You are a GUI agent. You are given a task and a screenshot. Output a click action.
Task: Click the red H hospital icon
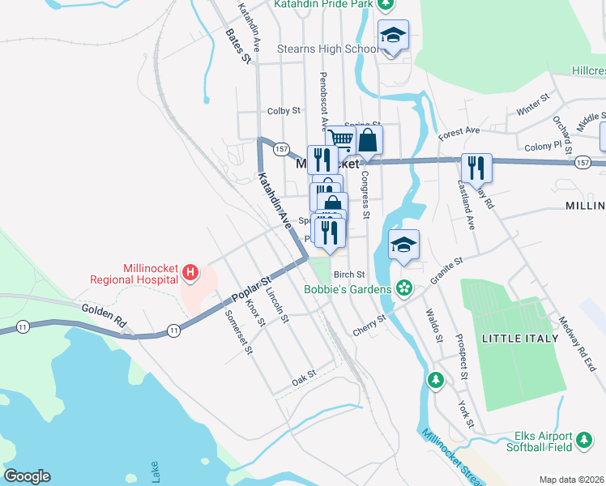click(x=190, y=272)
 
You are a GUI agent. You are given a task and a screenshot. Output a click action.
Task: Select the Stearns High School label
click(x=327, y=49)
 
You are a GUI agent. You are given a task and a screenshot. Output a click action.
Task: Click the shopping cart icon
click(x=341, y=139)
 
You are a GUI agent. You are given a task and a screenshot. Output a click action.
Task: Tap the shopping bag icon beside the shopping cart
click(x=368, y=139)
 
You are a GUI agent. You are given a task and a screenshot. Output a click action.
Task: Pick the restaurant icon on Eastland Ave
click(x=476, y=168)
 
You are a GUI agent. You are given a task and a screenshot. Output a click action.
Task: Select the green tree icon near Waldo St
click(x=436, y=379)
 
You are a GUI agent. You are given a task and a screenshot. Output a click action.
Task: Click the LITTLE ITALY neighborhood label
click(x=519, y=338)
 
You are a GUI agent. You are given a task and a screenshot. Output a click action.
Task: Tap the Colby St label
click(x=284, y=111)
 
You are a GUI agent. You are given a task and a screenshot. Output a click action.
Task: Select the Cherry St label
click(x=369, y=320)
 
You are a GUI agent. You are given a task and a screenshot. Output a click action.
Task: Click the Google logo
click(x=27, y=476)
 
